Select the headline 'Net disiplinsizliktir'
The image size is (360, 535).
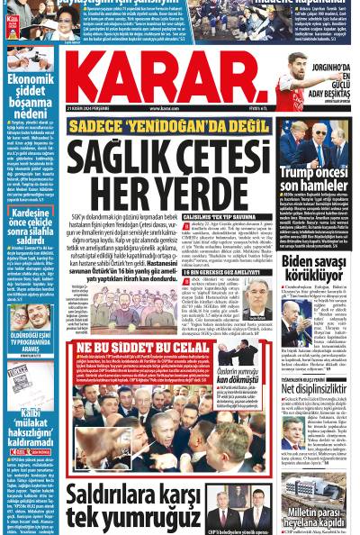coord(319,389)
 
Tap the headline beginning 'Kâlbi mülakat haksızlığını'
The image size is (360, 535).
coord(31,420)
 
